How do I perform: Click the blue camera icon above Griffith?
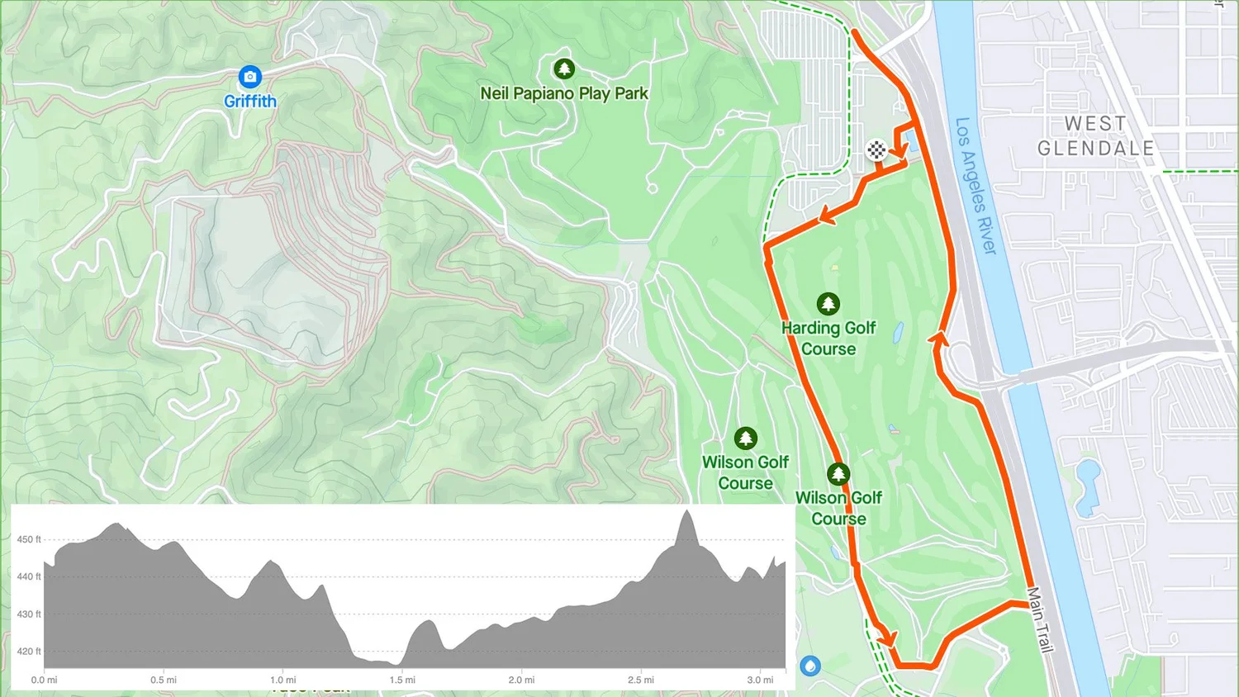249,77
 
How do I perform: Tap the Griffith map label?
250,102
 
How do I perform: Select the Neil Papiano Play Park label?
564,93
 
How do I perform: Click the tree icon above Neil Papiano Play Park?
564,69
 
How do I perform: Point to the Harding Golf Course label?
828,339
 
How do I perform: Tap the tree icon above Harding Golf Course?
828,304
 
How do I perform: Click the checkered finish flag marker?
876,149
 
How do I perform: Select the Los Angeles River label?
976,186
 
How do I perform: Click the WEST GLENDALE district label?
1095,136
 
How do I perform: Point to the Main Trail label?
1040,619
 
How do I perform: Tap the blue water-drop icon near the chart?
810,666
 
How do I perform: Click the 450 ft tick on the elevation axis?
29,539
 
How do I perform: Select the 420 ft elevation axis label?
29,652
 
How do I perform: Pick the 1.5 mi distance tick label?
402,680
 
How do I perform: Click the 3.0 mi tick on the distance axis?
760,680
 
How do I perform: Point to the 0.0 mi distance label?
45,680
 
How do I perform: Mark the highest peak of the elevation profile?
686,512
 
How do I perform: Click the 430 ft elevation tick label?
29,614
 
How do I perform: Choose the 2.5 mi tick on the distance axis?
641,680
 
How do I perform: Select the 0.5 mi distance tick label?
164,680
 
